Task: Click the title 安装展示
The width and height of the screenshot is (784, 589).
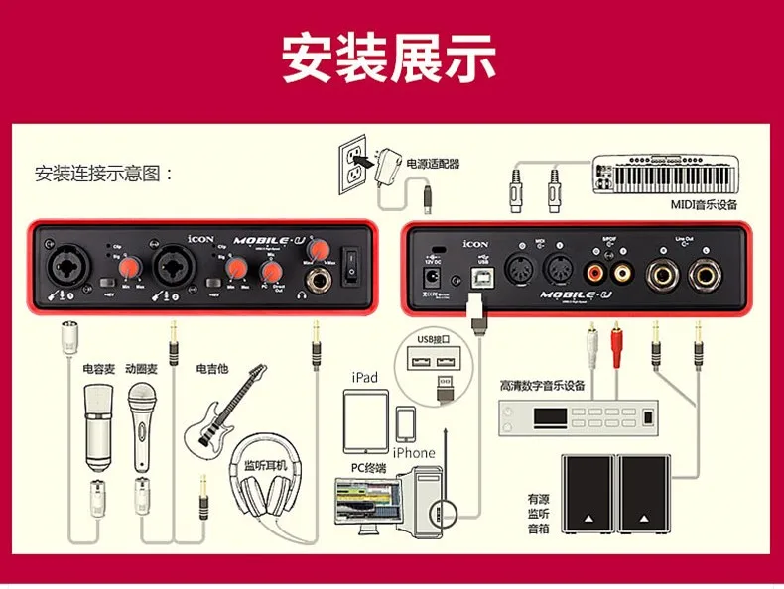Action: coord(389,59)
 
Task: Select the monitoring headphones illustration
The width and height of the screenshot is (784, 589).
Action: coord(266,506)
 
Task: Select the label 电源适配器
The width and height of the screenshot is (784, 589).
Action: coord(434,164)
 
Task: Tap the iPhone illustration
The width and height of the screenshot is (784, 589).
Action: coord(405,424)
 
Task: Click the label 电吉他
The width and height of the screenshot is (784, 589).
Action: coord(212,369)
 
